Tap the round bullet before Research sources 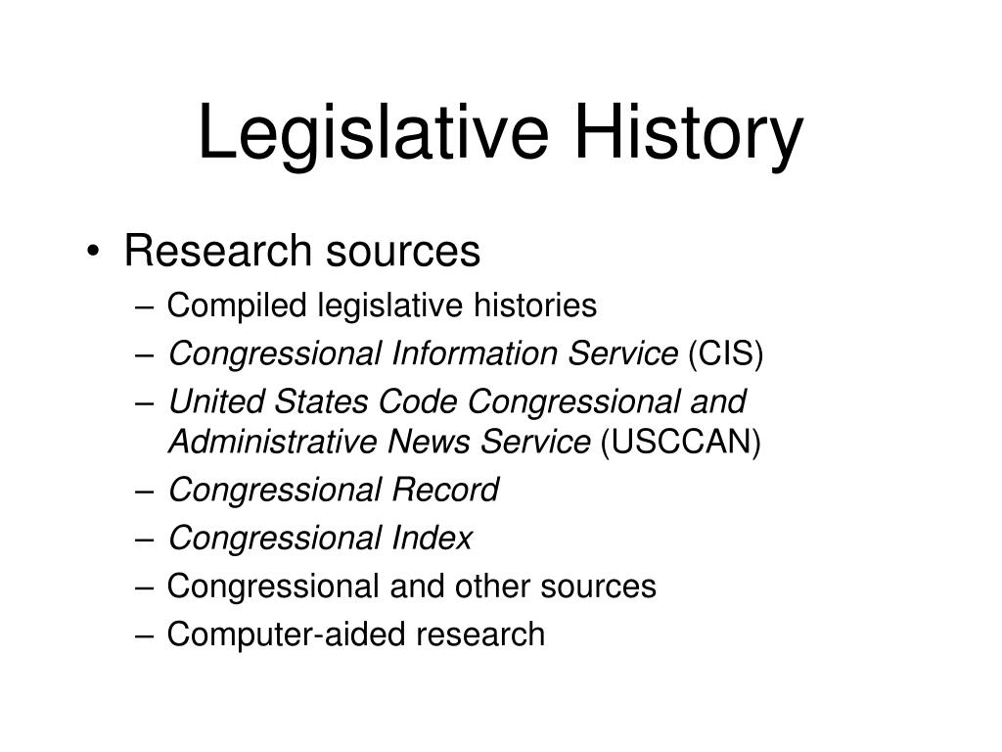[93, 251]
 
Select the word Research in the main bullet [217, 250]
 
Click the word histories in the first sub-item [535, 305]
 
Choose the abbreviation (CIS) [726, 353]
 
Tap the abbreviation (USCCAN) [681, 442]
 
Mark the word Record [445, 491]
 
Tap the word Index [432, 539]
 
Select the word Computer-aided [287, 634]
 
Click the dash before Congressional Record [145, 492]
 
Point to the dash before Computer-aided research [145, 636]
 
